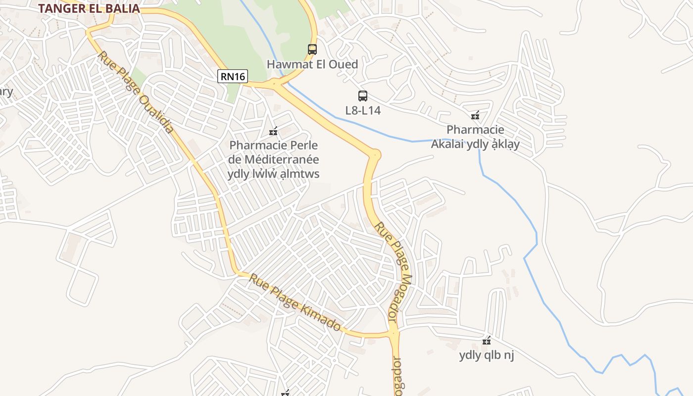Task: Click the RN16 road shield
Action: click(x=232, y=76)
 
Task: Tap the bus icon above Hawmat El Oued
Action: click(x=312, y=49)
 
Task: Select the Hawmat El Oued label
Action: click(x=312, y=64)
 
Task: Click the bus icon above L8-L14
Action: click(x=363, y=96)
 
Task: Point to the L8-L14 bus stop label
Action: click(x=363, y=110)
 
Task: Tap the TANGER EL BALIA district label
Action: click(x=89, y=8)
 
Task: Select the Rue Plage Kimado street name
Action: click(x=295, y=302)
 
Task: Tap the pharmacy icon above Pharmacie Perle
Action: click(x=273, y=132)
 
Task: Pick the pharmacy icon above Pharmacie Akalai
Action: click(x=475, y=116)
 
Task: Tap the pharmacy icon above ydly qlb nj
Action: click(x=487, y=341)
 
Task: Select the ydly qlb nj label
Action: click(x=487, y=355)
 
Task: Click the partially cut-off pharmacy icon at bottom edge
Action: click(x=285, y=393)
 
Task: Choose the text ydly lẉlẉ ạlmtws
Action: click(x=273, y=174)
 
